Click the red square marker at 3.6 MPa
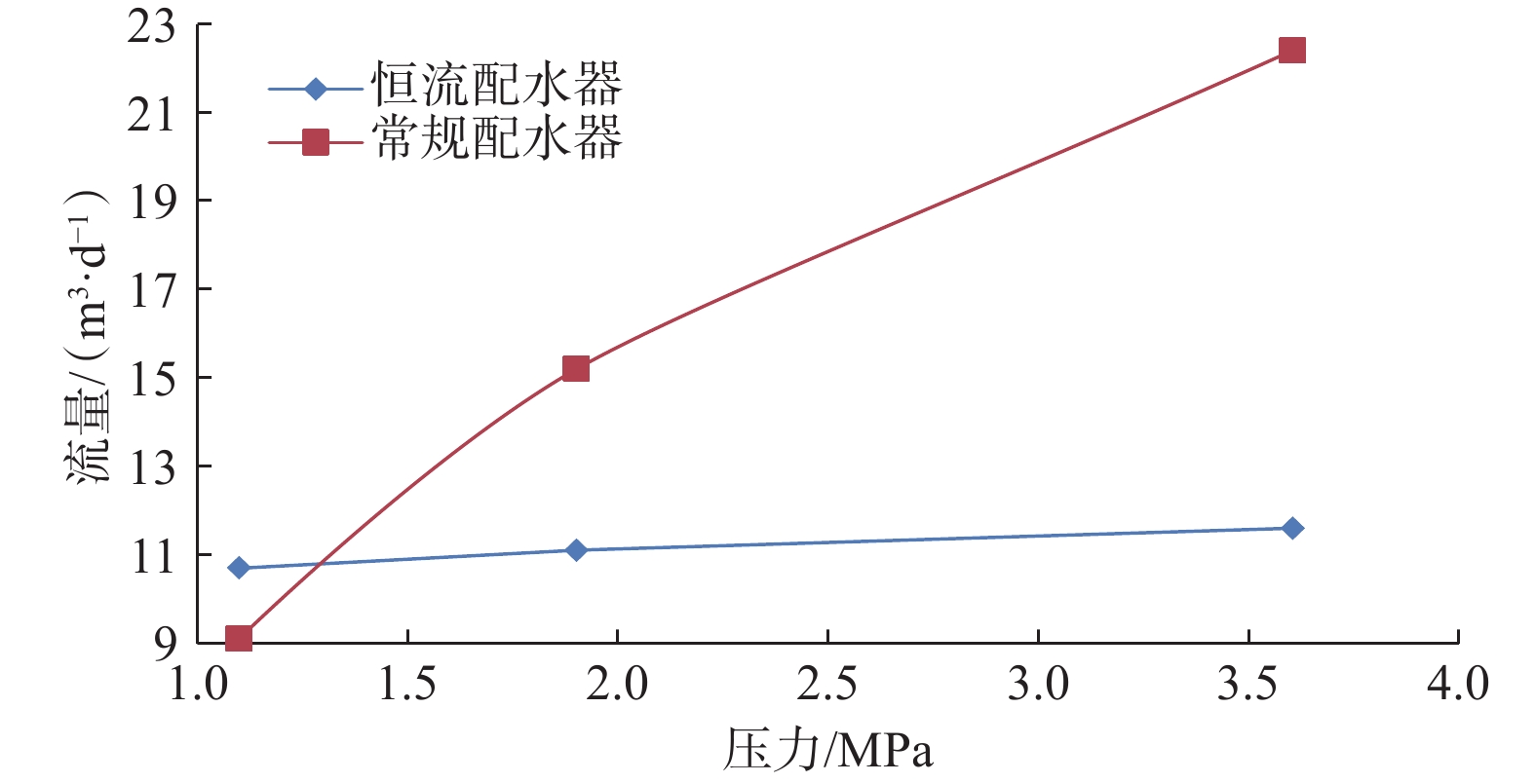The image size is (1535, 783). (1291, 50)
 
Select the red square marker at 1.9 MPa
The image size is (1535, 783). (576, 369)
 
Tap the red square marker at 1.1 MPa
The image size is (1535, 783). (239, 638)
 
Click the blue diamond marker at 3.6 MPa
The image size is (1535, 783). (1292, 528)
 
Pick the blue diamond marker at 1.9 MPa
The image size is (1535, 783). (576, 550)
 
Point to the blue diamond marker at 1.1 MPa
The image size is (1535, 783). (239, 568)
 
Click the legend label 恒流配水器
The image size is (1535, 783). (496, 86)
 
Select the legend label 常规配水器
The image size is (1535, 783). (496, 139)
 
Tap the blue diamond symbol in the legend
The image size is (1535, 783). (315, 90)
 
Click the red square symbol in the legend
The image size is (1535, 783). (315, 143)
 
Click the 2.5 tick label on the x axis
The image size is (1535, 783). (827, 685)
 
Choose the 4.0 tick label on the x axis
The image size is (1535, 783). (1458, 685)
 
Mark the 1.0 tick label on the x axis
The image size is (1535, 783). (198, 685)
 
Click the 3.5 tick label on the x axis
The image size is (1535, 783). (1247, 685)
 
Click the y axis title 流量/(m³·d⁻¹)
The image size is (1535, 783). (89, 336)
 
